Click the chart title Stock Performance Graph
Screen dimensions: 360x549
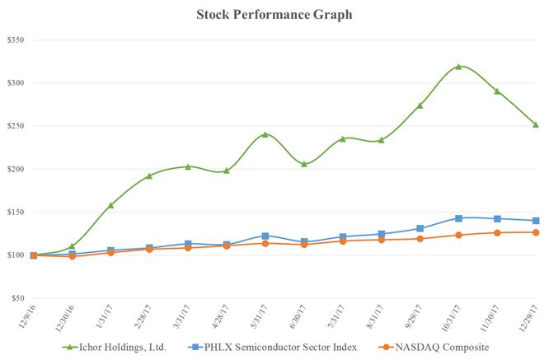point(274,14)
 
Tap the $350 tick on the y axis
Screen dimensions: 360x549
point(17,40)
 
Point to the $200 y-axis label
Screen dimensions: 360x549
point(17,169)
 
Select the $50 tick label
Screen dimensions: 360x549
point(20,298)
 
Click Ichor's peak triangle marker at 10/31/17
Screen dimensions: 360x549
point(459,67)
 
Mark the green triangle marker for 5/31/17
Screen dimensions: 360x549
point(265,134)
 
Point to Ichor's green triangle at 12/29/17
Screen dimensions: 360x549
point(536,124)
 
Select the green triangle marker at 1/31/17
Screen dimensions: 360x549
point(110,205)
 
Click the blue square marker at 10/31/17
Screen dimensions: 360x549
point(459,218)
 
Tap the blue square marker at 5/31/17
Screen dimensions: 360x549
point(265,236)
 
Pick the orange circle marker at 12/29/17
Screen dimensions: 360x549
point(536,232)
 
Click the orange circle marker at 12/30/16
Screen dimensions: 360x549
point(72,256)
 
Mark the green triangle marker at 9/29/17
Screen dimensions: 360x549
point(420,105)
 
